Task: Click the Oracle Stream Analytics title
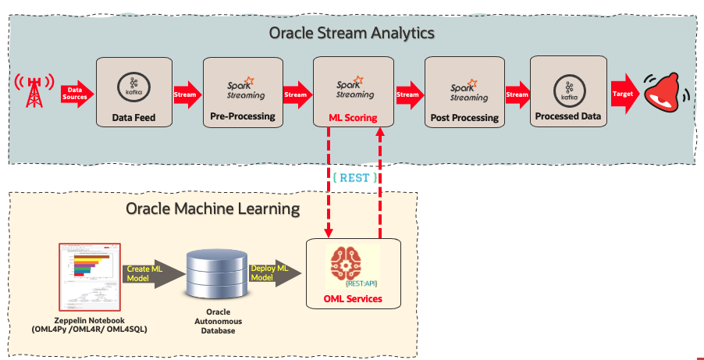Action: tap(351, 34)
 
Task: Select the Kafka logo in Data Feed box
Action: tap(133, 86)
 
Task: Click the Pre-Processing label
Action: tap(242, 116)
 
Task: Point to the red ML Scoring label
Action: tap(353, 118)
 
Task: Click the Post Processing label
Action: tap(464, 118)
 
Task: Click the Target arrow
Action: tap(624, 94)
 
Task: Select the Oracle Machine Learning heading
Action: tap(212, 209)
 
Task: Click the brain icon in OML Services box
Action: tap(353, 263)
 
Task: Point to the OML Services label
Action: tap(353, 298)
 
